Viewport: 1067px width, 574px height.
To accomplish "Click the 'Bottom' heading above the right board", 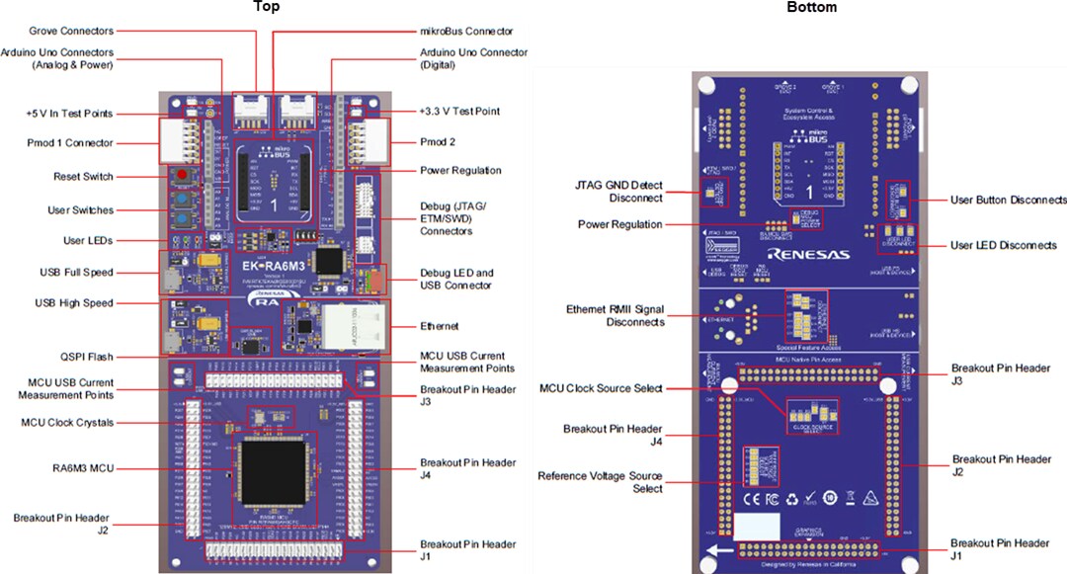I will click(811, 8).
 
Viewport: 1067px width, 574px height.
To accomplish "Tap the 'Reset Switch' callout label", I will click(84, 177).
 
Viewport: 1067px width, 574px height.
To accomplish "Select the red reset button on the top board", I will click(183, 176).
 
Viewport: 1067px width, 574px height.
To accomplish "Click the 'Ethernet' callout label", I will click(440, 326).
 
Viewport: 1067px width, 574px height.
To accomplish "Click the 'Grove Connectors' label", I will click(71, 31).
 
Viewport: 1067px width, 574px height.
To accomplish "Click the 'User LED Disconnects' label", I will click(1003, 245).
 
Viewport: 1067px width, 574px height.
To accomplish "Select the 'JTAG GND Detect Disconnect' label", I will click(619, 191).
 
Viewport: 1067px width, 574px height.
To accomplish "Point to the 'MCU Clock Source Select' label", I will click(601, 388).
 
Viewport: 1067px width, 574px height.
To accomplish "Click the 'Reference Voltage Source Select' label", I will click(600, 481).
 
